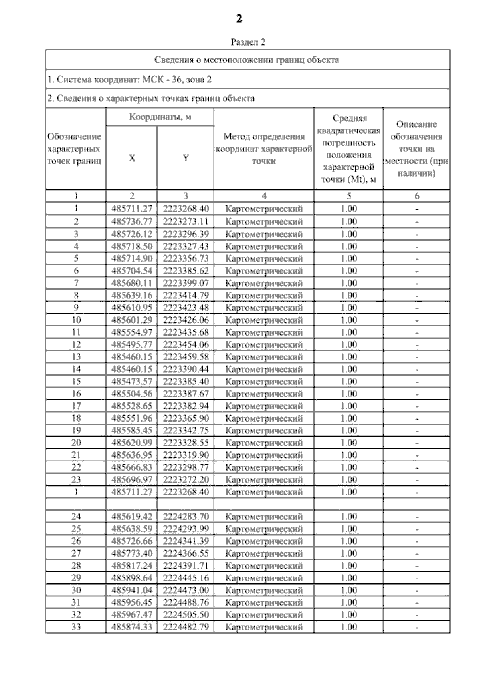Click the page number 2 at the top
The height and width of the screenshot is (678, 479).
coord(239,19)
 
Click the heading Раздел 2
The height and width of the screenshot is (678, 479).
coord(247,42)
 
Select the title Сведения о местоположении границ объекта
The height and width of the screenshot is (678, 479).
coord(247,60)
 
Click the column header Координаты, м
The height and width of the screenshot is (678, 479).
coord(160,117)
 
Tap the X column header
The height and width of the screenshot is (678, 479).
coord(132,158)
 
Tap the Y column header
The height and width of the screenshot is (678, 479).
coord(186,158)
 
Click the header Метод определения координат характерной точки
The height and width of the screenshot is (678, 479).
coord(263,149)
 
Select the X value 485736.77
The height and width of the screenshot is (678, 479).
coord(132,221)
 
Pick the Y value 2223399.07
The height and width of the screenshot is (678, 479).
coord(186,283)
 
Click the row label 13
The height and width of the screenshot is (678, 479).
coord(76,357)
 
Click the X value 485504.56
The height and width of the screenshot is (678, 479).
coord(132,394)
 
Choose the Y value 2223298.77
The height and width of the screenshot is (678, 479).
coord(186,467)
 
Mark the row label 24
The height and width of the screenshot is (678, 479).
coord(76,517)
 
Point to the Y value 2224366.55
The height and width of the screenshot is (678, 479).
coord(186,553)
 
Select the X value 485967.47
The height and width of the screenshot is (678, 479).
coord(132,615)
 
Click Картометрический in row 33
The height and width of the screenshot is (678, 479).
coord(263,627)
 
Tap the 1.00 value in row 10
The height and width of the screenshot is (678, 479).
coord(348,320)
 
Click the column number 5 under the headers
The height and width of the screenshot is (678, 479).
coord(348,196)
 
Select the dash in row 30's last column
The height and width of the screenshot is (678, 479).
coord(416,591)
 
